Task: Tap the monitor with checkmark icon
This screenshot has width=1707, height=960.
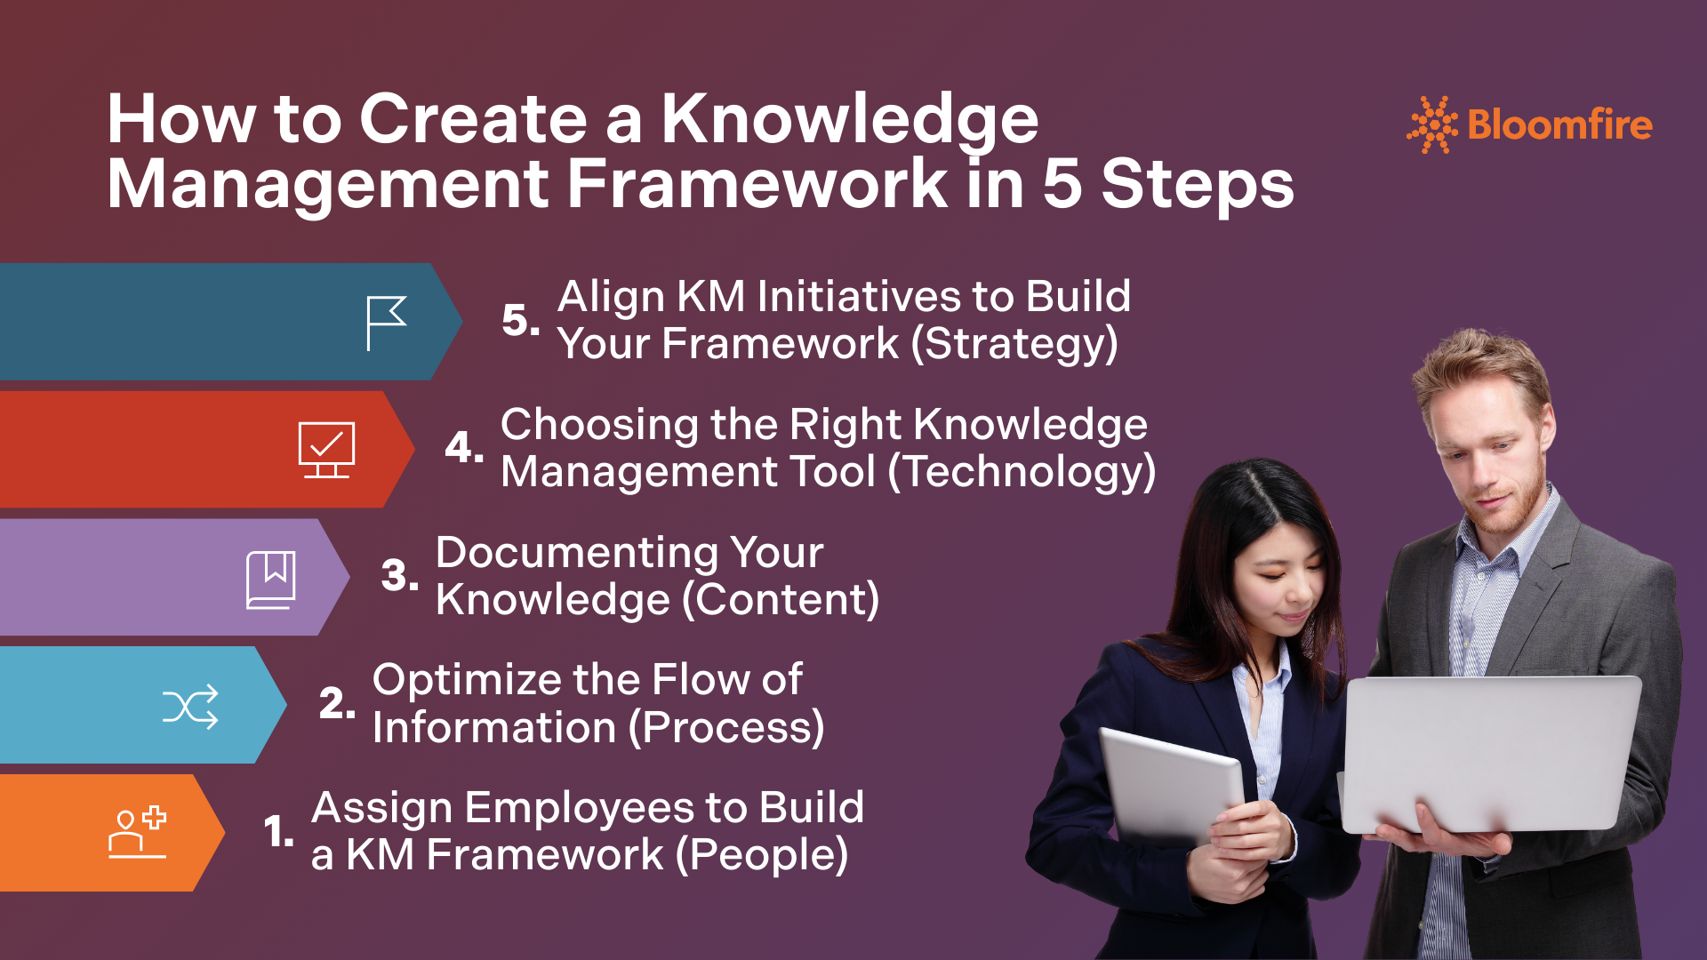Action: [x=326, y=450]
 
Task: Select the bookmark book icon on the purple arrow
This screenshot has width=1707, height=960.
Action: [x=271, y=580]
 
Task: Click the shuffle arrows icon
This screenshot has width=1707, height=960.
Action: [x=190, y=707]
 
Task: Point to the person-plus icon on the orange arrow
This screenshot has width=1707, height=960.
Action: [x=137, y=832]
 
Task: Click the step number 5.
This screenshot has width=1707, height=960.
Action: [x=520, y=320]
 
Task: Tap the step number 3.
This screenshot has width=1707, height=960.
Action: [x=399, y=575]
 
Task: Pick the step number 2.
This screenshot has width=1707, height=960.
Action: [x=337, y=703]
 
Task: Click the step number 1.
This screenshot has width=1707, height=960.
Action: [x=278, y=832]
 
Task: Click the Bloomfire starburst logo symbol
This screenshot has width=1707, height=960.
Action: [x=1431, y=124]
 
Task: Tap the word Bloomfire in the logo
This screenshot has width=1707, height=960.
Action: [x=1560, y=124]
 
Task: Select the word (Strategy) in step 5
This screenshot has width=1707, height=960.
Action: [x=1014, y=344]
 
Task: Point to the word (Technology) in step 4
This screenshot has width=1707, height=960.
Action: [x=1022, y=472]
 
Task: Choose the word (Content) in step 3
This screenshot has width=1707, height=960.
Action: [x=781, y=600]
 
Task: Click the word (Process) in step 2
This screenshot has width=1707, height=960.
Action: [x=726, y=728]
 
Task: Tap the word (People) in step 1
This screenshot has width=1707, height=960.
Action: [x=762, y=855]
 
